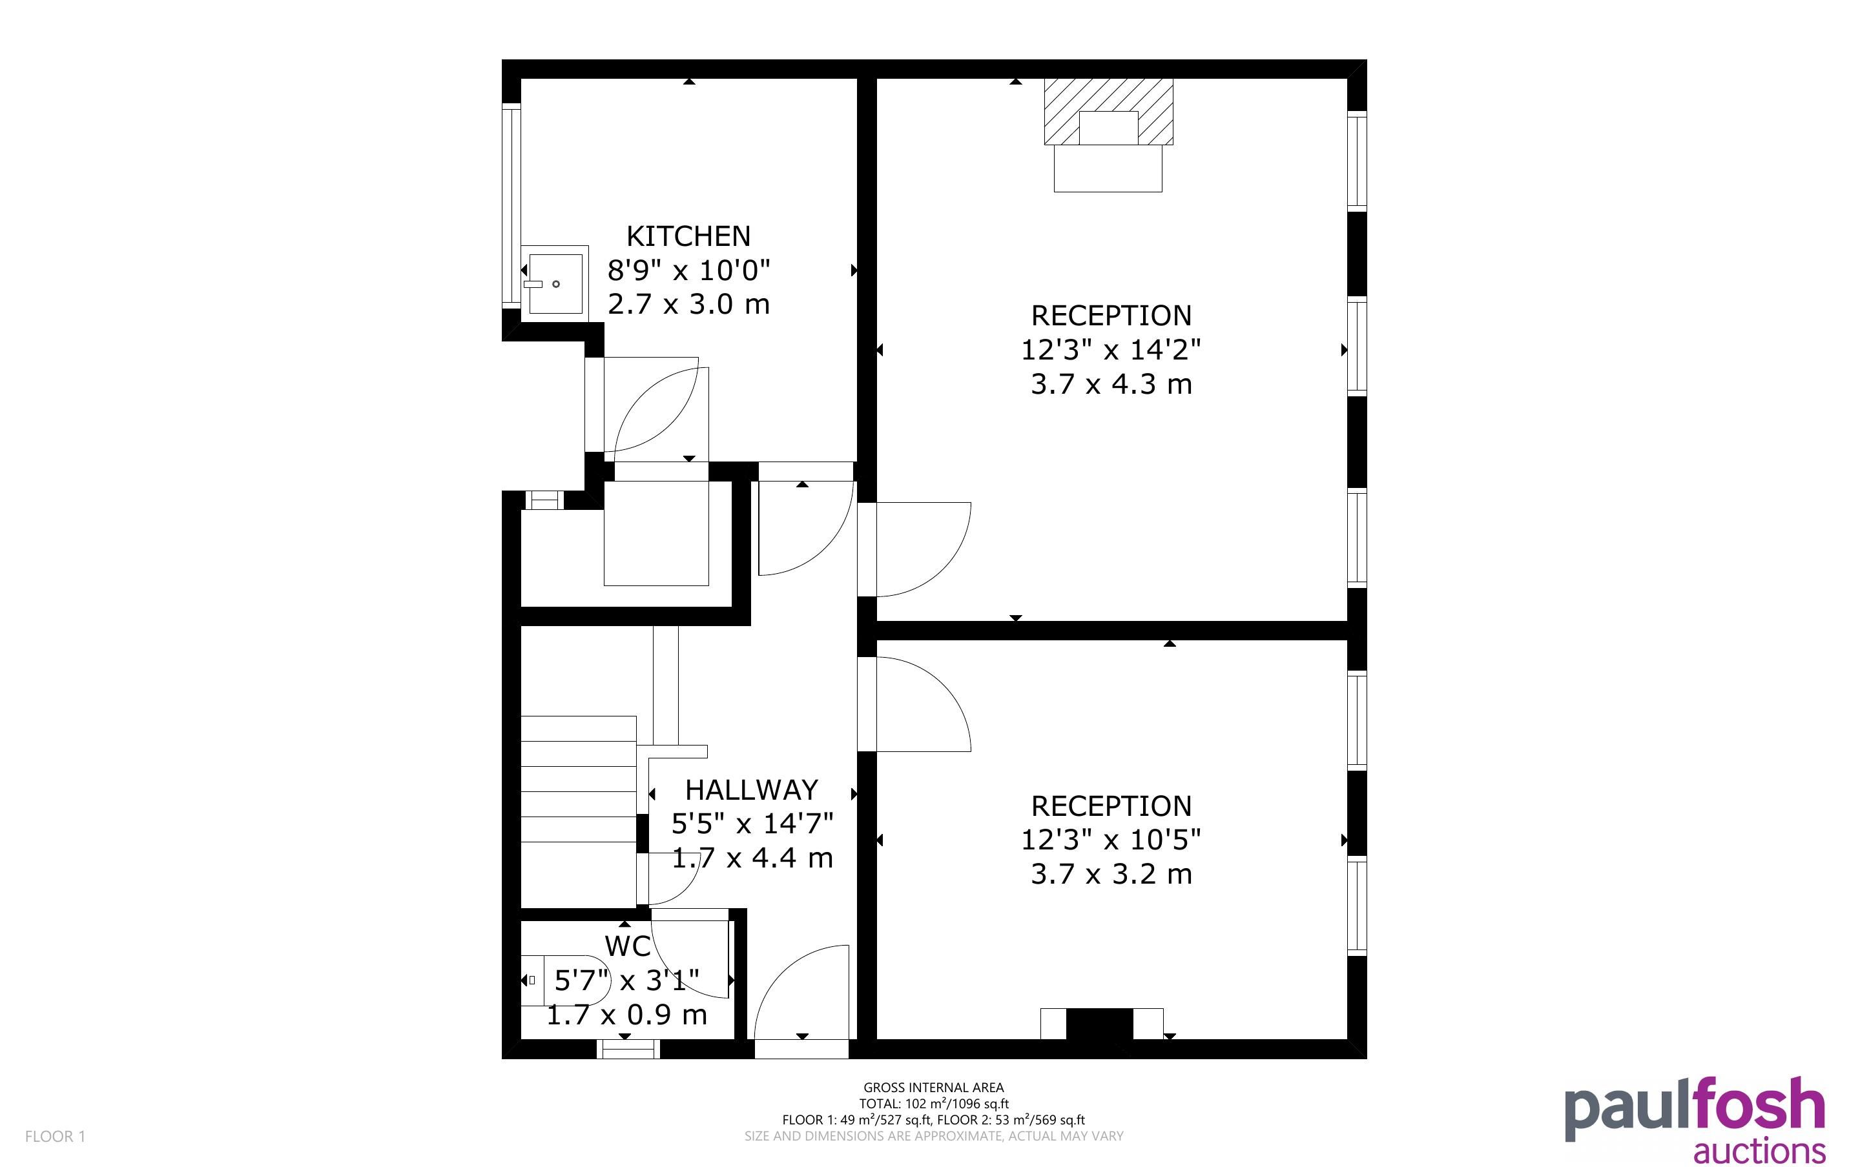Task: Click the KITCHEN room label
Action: (x=688, y=236)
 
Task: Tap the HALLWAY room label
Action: (x=751, y=789)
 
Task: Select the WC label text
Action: (x=628, y=946)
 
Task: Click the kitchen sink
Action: (x=555, y=283)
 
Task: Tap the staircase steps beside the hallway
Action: (x=579, y=811)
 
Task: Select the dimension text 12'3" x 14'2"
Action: (x=1111, y=350)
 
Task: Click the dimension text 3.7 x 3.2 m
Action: (x=1111, y=874)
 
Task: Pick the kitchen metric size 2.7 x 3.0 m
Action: (x=688, y=304)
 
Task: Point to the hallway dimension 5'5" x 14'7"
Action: (x=752, y=824)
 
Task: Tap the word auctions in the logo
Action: (x=1759, y=1151)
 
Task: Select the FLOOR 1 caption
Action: (x=55, y=1136)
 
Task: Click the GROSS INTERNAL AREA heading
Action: (x=933, y=1088)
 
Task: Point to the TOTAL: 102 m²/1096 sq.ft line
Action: (x=933, y=1104)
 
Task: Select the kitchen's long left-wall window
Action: (x=511, y=205)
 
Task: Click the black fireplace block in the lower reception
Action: (x=1099, y=1024)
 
